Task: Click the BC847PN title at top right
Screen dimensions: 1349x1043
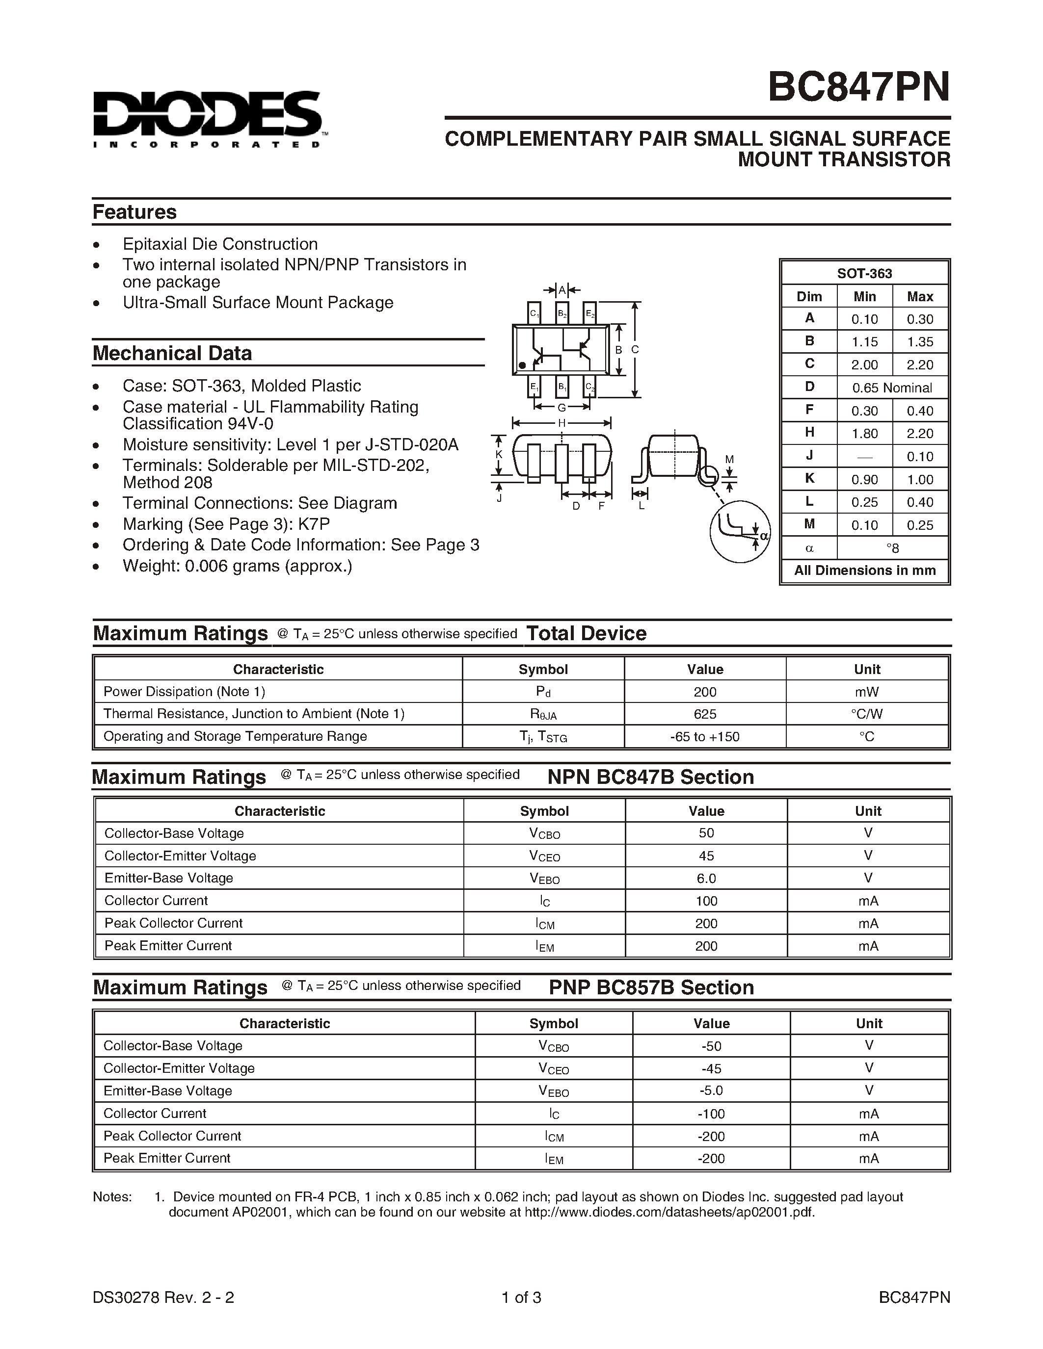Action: point(858,88)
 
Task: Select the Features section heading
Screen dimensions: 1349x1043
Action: point(134,212)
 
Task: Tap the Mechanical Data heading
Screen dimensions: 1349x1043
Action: point(172,353)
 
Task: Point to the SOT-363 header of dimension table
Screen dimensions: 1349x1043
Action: point(864,274)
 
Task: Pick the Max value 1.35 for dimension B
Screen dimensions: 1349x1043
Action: point(919,341)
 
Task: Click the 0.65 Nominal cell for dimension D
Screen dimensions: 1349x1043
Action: point(892,388)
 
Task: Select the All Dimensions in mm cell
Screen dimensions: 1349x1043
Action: point(864,570)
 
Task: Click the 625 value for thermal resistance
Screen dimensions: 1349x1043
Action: point(705,714)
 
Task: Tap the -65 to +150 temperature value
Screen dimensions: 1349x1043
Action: point(705,736)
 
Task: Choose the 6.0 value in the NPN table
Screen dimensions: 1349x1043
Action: point(706,879)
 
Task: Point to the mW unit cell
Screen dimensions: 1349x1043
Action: point(867,692)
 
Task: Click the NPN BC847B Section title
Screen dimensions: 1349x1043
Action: point(651,777)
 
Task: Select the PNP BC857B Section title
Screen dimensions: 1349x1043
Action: point(651,987)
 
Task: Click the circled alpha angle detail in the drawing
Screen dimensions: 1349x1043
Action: point(740,531)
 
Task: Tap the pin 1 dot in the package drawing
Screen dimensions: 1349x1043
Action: point(522,365)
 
